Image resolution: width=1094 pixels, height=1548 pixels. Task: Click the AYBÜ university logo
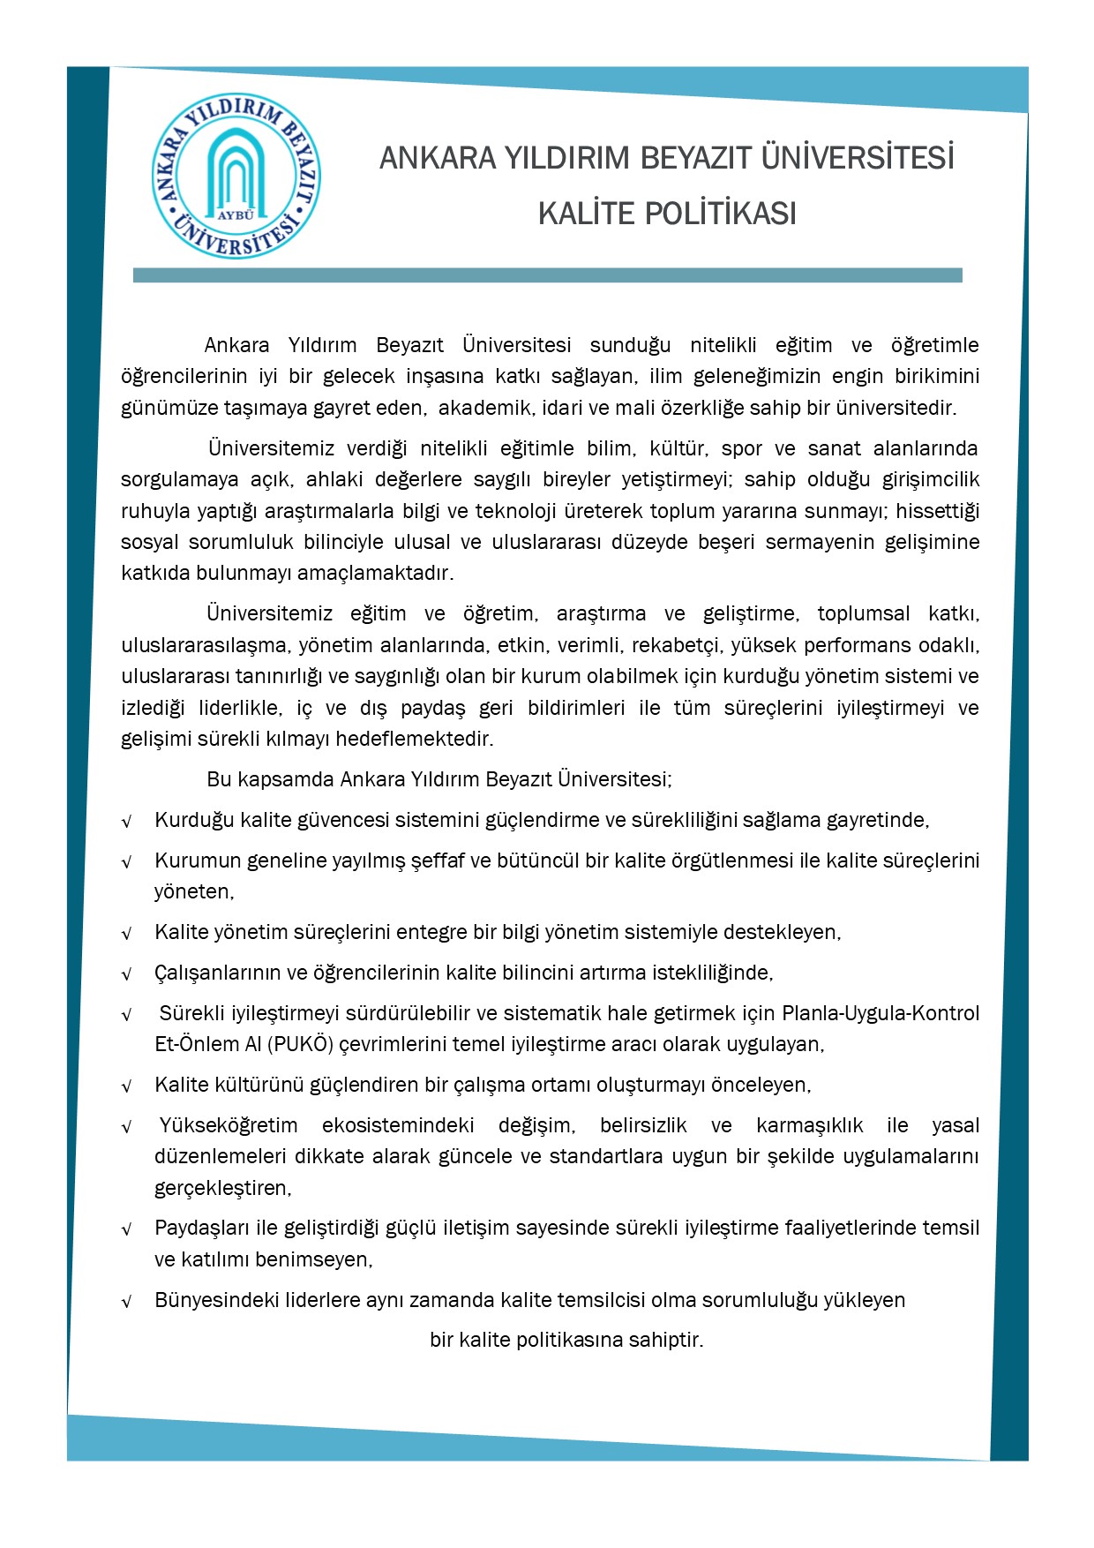[236, 177]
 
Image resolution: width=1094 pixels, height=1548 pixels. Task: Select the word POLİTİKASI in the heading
[720, 214]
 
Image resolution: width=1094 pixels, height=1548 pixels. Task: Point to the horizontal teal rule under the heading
[547, 275]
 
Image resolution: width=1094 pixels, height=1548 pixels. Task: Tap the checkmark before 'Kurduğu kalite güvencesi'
[127, 822]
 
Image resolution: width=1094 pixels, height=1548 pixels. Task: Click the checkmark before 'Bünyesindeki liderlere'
[127, 1302]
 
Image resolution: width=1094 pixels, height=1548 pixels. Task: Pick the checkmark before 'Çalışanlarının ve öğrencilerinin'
[127, 974]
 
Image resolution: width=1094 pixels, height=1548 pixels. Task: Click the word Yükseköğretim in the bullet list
[229, 1125]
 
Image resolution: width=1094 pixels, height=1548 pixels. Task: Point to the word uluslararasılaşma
[205, 645]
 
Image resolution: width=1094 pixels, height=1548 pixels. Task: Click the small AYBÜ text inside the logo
[236, 214]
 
